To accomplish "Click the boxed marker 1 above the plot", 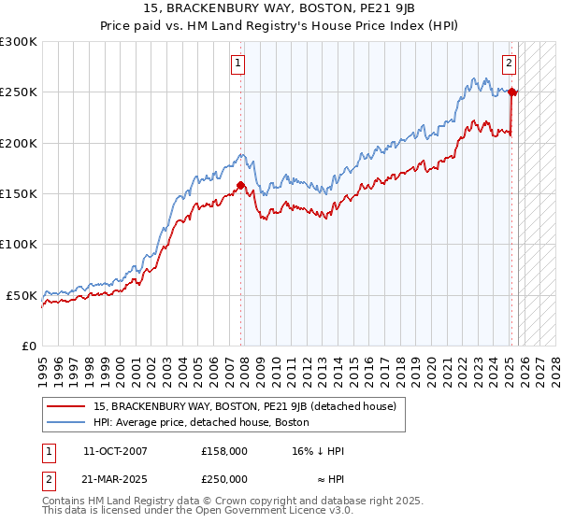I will tap(239, 64).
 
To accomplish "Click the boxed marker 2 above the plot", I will tap(509, 64).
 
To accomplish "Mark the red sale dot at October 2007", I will tap(240, 185).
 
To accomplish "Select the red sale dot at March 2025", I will tap(512, 92).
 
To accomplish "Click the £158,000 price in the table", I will tap(223, 450).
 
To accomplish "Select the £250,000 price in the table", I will tap(223, 478).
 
